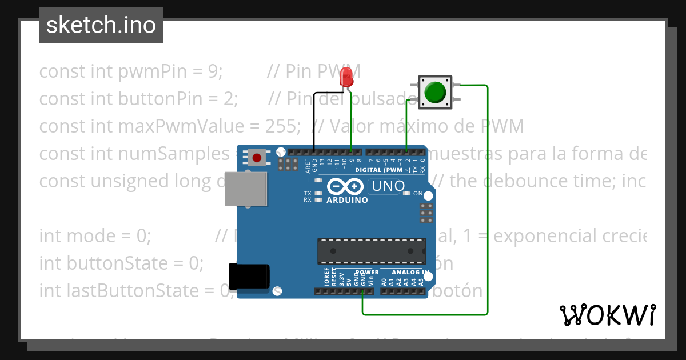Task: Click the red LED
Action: point(346,77)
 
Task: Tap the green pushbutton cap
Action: point(435,92)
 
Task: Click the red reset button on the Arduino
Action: point(257,157)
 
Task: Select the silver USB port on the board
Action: point(246,189)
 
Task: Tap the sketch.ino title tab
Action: point(101,25)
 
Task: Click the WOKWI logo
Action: point(607,315)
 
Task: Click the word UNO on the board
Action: point(388,186)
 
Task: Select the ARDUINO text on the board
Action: point(347,201)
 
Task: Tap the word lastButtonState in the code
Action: point(143,290)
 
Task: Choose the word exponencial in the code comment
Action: point(548,235)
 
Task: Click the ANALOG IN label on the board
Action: point(410,273)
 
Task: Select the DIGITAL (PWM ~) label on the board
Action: point(382,170)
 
